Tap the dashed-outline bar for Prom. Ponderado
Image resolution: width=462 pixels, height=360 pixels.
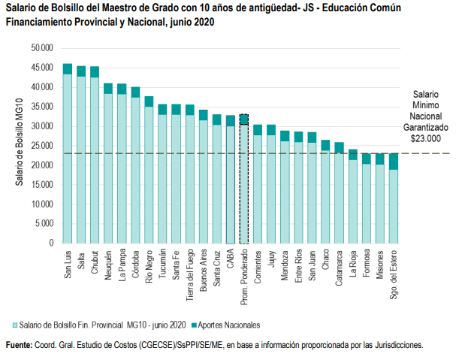pos(243,180)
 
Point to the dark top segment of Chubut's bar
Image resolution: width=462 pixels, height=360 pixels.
pos(95,71)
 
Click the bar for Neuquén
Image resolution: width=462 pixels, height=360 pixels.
pos(108,165)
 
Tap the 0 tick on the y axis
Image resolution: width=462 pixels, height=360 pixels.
pos(51,244)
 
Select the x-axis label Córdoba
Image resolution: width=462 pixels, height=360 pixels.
pos(135,264)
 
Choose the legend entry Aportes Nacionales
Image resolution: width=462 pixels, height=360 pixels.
pos(226,325)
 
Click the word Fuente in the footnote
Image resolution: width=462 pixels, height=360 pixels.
pos(18,345)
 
